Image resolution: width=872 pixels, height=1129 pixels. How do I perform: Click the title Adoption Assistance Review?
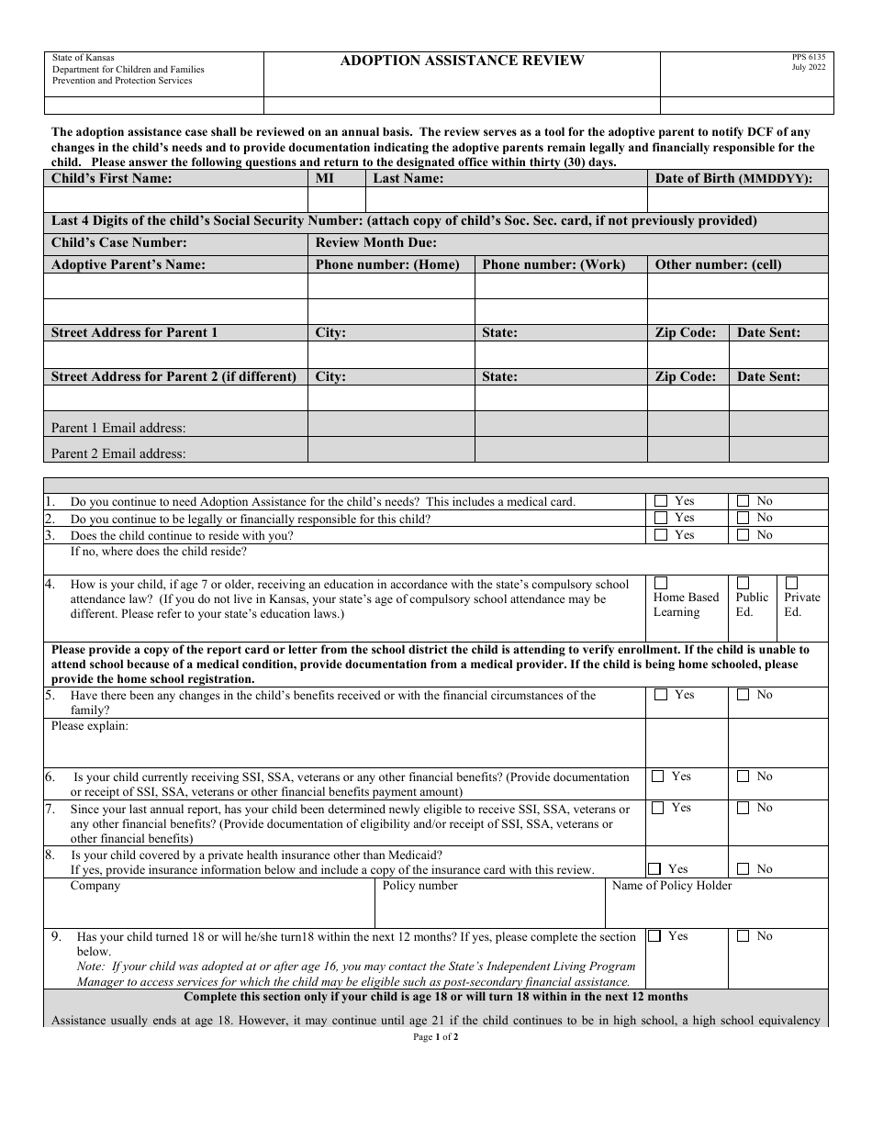pyautogui.click(x=462, y=61)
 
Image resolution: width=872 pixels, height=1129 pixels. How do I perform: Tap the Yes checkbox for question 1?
pyautogui.click(x=661, y=501)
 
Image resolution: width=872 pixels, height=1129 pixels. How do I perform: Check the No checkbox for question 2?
pyautogui.click(x=743, y=519)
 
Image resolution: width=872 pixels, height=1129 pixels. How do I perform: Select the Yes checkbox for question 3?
pyautogui.click(x=661, y=535)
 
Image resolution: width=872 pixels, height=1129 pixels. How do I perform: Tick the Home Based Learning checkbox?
pyautogui.click(x=660, y=583)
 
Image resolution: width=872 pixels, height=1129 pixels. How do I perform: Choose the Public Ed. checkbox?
pyautogui.click(x=743, y=583)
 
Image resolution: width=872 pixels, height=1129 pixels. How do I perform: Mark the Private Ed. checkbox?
pyautogui.click(x=791, y=583)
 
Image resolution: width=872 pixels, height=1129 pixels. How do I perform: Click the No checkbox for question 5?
pyautogui.click(x=743, y=695)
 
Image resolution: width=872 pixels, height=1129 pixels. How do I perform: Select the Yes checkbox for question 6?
pyautogui.click(x=657, y=777)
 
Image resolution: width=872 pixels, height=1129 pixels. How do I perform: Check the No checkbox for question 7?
pyautogui.click(x=743, y=808)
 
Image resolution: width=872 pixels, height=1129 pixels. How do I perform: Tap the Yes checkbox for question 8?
pyautogui.click(x=654, y=868)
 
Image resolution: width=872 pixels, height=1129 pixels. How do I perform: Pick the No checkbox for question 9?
pyautogui.click(x=743, y=936)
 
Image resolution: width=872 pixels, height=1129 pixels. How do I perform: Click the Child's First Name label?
pyautogui.click(x=111, y=179)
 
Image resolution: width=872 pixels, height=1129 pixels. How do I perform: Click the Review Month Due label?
pyautogui.click(x=376, y=243)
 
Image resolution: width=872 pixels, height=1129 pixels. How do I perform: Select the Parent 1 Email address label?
pyautogui.click(x=118, y=428)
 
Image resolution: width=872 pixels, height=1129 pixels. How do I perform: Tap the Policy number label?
pyautogui.click(x=419, y=886)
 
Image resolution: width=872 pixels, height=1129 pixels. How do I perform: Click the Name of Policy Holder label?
pyautogui.click(x=672, y=886)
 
